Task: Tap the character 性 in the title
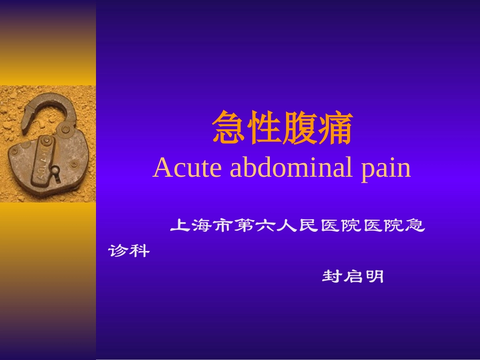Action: [264, 129]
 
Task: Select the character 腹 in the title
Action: [300, 129]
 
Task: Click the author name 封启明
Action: [353, 277]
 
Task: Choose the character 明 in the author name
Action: [374, 277]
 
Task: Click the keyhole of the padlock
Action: [55, 173]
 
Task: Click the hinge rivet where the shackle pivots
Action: [65, 130]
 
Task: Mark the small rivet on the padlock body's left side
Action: [15, 150]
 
